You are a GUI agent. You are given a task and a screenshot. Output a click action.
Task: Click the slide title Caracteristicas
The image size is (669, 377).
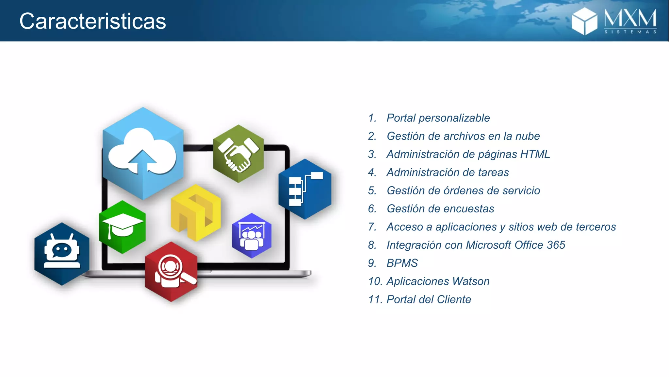point(93,21)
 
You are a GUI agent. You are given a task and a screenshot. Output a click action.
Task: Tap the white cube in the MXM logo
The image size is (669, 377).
point(584,21)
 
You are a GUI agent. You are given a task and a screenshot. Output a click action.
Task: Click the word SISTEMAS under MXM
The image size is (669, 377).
point(630,32)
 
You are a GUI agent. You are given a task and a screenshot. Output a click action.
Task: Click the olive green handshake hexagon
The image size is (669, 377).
point(238,153)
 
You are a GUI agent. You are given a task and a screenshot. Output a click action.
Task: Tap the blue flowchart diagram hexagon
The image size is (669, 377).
point(305,189)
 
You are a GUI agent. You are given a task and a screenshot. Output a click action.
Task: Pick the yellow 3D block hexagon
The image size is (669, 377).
point(196,213)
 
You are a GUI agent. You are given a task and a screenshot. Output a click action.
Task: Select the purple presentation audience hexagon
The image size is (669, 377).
point(252,236)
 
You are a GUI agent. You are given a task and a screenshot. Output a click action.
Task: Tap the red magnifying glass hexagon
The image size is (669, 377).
point(171,272)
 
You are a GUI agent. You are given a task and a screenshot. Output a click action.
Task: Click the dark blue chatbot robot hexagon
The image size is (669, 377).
point(62,254)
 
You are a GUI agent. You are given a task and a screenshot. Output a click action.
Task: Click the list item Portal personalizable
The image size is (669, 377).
point(438,118)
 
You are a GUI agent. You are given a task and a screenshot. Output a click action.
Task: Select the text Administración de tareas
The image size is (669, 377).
point(448,172)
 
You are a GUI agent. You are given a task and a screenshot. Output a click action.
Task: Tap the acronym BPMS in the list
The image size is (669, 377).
point(402,263)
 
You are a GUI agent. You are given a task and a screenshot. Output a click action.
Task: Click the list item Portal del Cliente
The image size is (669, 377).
point(429,299)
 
